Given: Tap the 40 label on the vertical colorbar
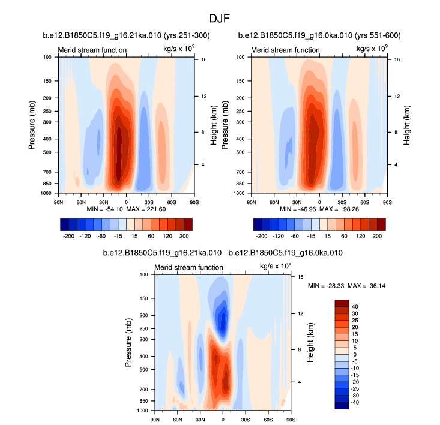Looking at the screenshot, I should [x=355, y=306].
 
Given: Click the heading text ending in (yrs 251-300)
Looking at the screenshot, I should [x=126, y=36].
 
